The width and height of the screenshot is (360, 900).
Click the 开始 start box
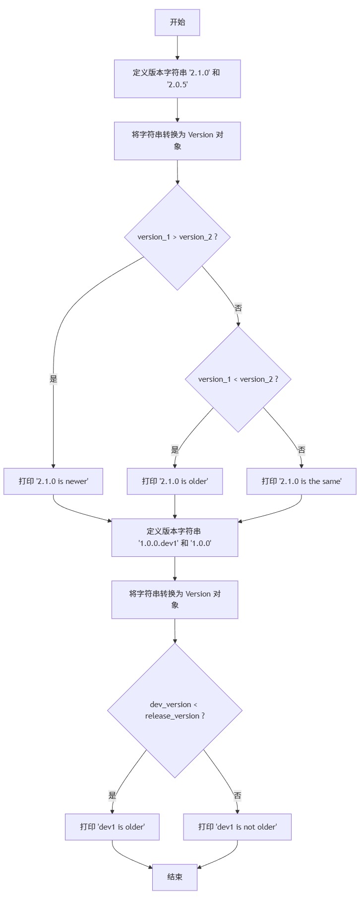177,22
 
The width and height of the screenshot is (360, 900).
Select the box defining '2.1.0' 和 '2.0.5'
177,79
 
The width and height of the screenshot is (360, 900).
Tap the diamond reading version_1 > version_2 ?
177,237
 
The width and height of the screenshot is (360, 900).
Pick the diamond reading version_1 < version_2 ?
238,379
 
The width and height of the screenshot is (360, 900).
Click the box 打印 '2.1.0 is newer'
53,481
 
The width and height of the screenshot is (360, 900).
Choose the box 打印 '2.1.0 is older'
175,481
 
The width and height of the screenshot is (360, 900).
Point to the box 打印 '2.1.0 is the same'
301,481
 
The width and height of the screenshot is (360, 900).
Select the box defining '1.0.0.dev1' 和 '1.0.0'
175,537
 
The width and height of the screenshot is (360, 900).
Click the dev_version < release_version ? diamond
175,710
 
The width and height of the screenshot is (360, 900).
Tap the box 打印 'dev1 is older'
112,827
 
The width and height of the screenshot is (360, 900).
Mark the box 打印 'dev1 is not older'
237,827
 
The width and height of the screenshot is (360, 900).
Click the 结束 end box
175,877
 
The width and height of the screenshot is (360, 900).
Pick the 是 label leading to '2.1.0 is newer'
53,379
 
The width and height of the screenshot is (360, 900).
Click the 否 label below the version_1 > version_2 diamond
238,308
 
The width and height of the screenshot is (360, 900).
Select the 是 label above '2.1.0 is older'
175,450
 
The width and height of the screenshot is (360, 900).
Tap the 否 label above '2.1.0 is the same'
301,450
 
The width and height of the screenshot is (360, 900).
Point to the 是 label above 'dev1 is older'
112,795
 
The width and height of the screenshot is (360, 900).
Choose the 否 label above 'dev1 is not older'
237,795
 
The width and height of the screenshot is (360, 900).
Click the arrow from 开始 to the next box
177,48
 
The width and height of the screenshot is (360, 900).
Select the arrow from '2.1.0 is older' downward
175,506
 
